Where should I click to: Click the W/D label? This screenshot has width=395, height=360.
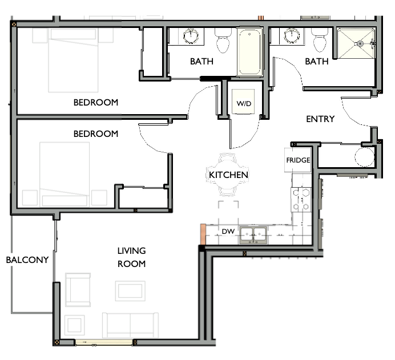point(244,104)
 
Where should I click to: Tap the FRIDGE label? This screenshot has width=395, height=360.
point(298,160)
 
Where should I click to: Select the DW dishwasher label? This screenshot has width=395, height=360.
point(228,231)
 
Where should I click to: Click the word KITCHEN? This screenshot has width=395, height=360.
point(228,175)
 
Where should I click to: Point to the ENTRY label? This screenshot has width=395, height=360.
point(320,119)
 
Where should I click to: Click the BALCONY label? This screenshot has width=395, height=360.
point(27,260)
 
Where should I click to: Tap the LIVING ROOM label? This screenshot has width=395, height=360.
point(131,257)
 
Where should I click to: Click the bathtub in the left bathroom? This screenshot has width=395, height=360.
point(249,52)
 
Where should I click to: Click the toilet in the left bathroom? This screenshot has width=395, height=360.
point(222,41)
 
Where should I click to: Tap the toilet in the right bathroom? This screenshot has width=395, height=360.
point(320,41)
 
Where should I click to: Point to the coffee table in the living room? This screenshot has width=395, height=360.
point(130,290)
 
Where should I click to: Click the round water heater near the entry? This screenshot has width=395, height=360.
point(363,156)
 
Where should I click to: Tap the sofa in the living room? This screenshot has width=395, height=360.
point(130,324)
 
